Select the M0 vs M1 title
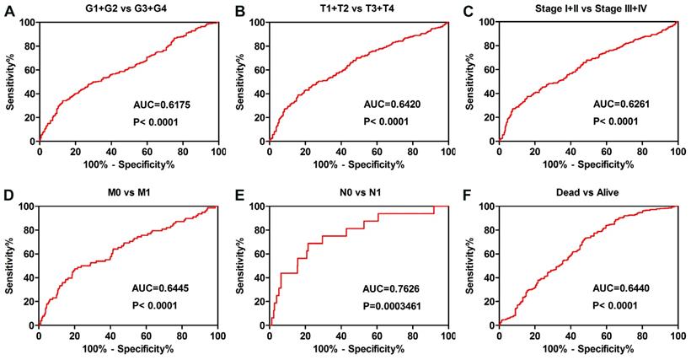[x=128, y=193]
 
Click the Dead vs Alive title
[x=587, y=193]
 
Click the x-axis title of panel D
[x=128, y=348]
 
